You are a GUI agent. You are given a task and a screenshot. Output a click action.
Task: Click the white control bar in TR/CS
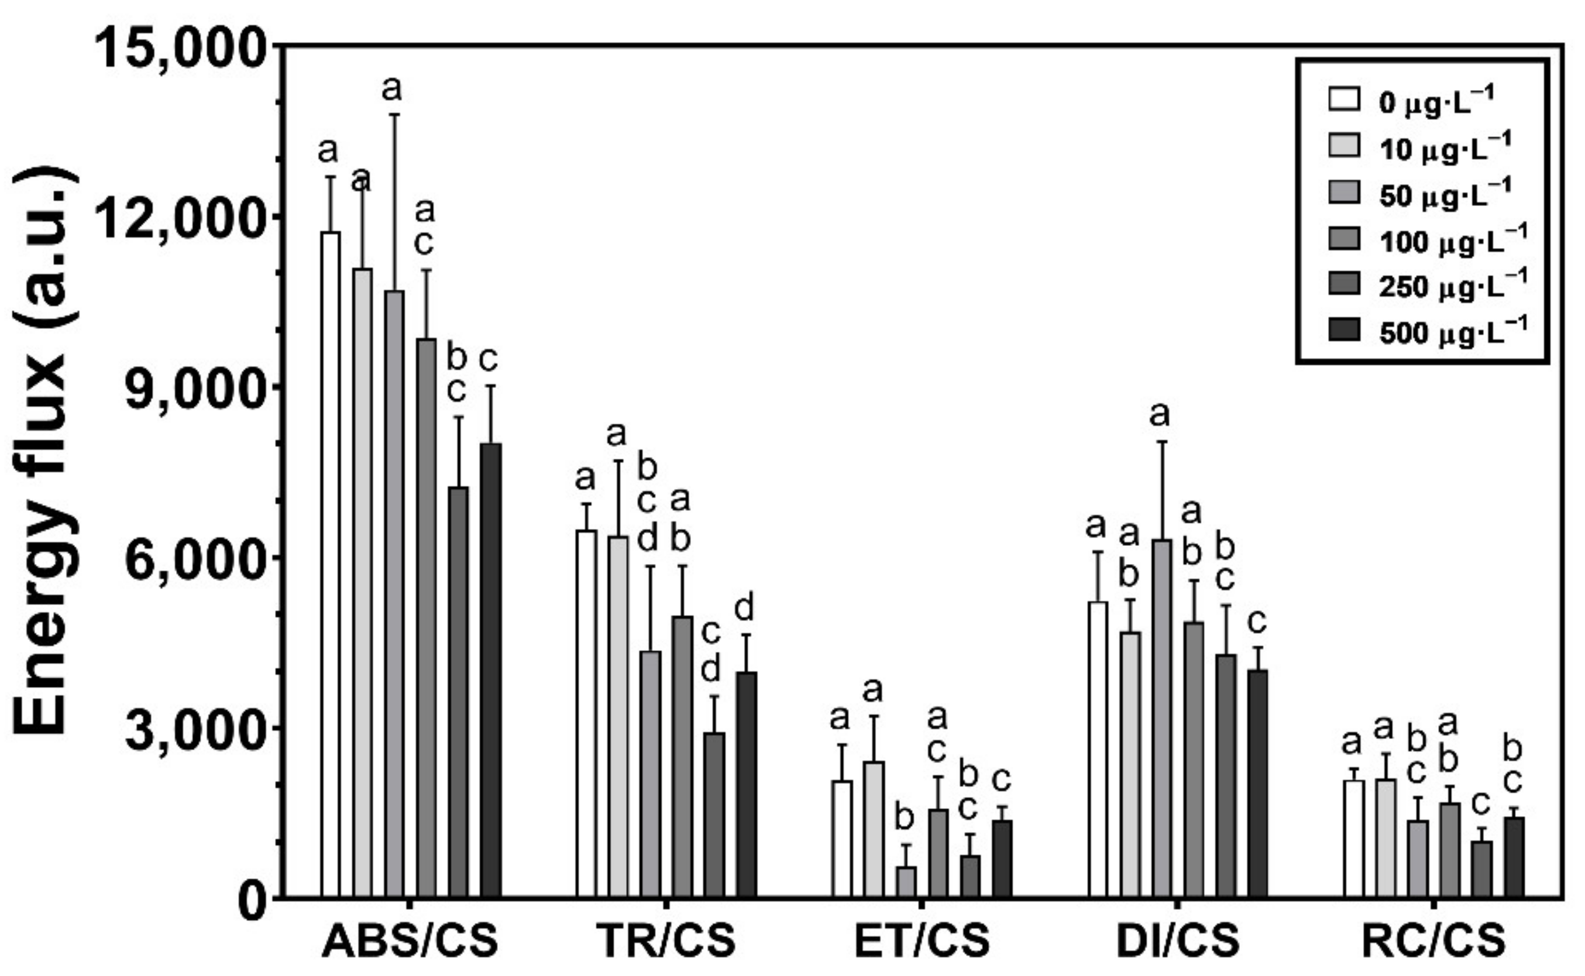coord(587,713)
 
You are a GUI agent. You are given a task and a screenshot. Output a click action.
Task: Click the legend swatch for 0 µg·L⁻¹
coord(1343,100)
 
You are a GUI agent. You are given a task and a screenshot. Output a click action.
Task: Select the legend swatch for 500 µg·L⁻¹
coord(1343,330)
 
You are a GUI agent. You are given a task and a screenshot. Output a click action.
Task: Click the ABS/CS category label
coord(411,940)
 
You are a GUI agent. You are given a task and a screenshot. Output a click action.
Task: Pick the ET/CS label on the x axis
coord(922,940)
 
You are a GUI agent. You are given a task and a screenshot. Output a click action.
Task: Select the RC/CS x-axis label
coord(1434,940)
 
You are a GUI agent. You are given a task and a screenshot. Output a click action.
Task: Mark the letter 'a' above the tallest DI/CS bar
coord(1160,414)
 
